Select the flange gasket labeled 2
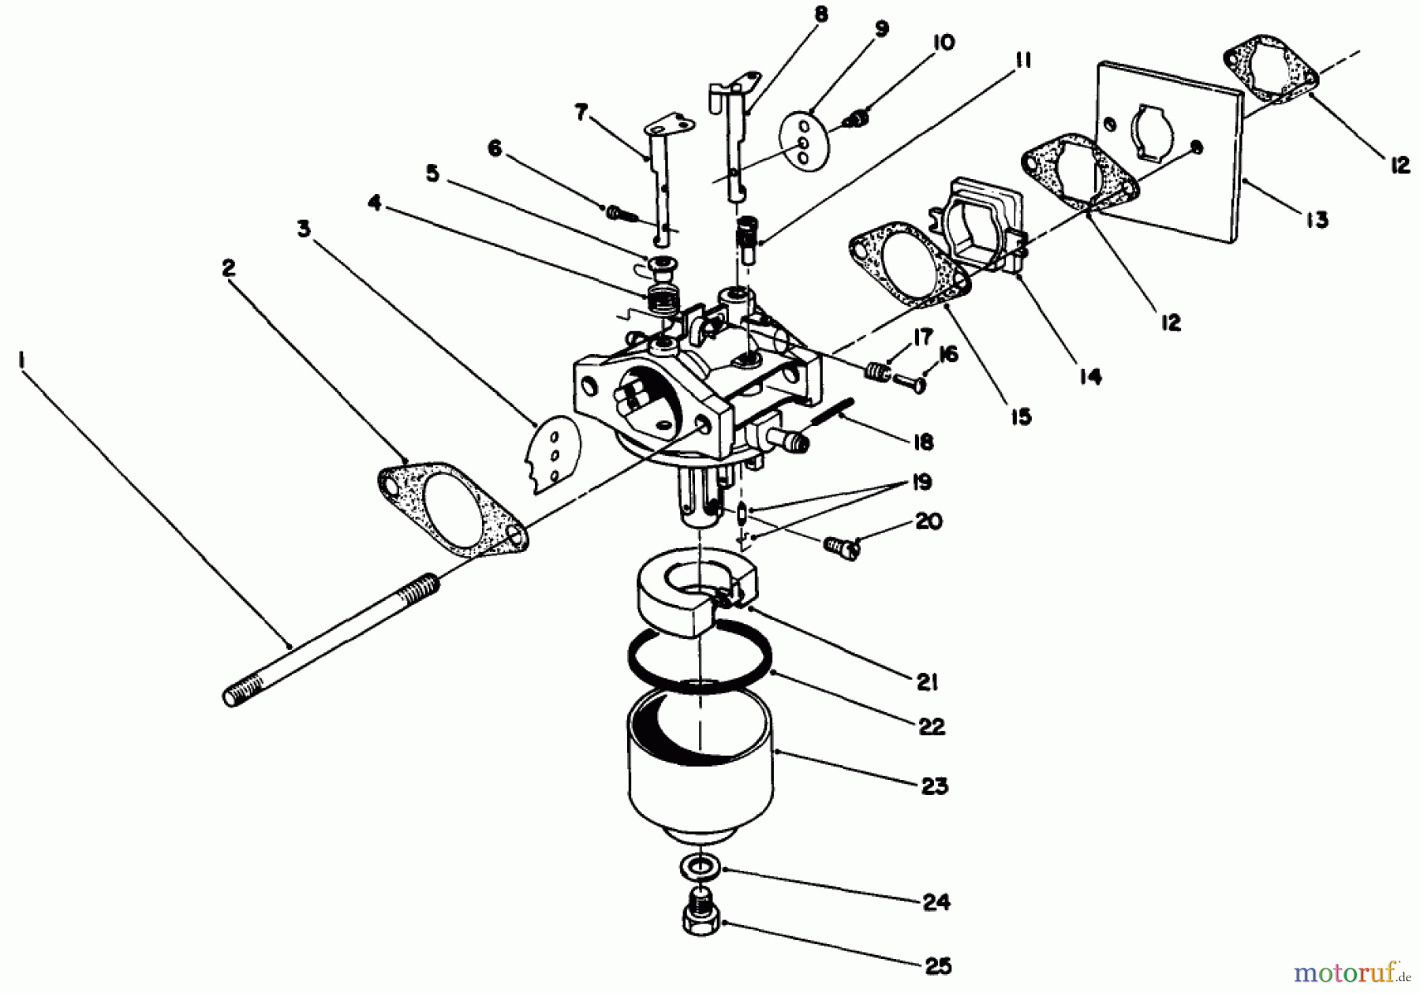pyautogui.click(x=454, y=509)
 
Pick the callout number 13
pyautogui.click(x=1316, y=219)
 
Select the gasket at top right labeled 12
pyautogui.click(x=1271, y=74)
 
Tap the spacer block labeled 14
pyautogui.click(x=978, y=225)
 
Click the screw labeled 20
pyautogui.click(x=840, y=546)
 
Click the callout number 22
pyautogui.click(x=932, y=726)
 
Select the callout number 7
pyautogui.click(x=581, y=114)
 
